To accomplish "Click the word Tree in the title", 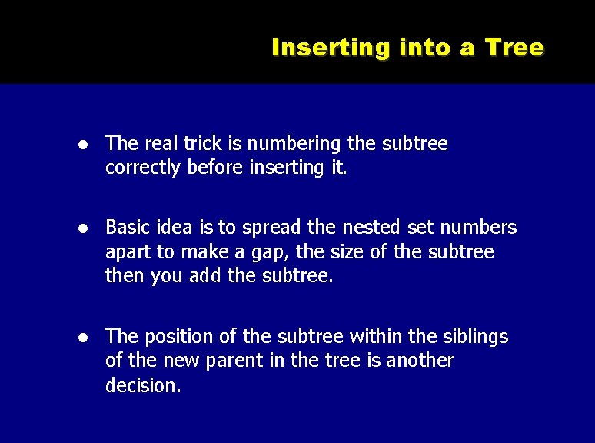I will [514, 48].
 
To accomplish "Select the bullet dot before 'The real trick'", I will [89, 145].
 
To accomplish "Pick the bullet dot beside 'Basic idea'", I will [89, 228].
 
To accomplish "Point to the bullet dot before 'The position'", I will [89, 338].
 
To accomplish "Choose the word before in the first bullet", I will [217, 168].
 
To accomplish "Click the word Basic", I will [127, 228].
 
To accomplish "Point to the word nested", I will [363, 228].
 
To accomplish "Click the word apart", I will [128, 252].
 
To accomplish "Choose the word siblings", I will [474, 337].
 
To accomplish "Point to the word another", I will [419, 361].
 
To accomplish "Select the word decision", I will [143, 385].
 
